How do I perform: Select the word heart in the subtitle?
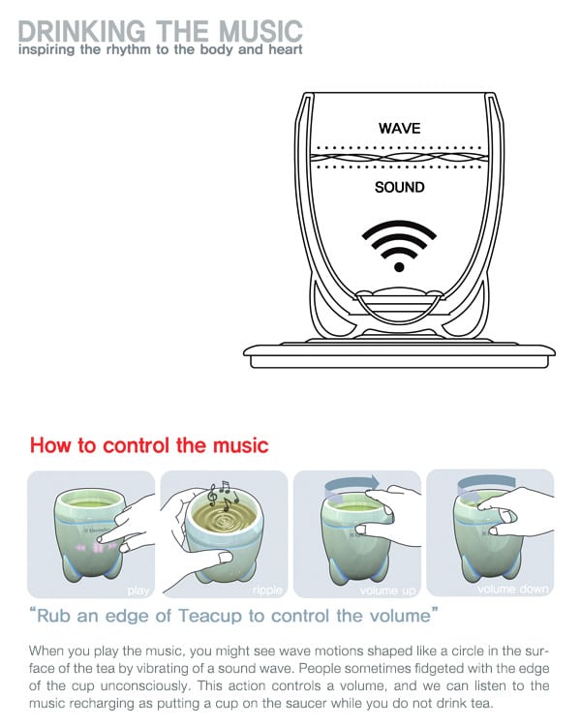285,49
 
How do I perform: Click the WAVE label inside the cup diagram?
399,128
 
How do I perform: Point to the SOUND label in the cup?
399,187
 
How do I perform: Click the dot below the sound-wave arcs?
399,267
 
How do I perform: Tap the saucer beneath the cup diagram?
399,355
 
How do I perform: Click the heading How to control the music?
149,445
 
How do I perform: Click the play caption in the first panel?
138,591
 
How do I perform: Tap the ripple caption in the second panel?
267,591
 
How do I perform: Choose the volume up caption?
387,591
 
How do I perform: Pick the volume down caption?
512,589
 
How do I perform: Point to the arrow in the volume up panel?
352,485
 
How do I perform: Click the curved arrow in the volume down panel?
486,484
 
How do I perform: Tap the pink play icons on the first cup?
96,548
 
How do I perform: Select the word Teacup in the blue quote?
209,616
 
